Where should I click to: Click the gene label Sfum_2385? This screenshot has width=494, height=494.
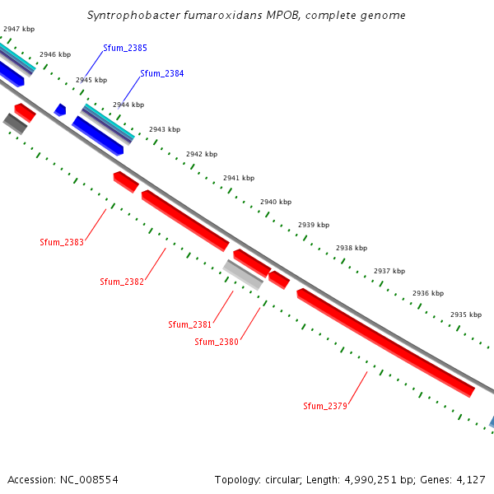[x=125, y=49]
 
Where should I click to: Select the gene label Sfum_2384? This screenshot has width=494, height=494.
[x=162, y=73]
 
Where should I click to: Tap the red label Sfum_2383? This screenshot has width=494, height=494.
[x=62, y=242]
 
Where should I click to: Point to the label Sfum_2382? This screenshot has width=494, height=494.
[x=122, y=282]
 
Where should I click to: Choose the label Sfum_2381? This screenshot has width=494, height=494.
[x=190, y=324]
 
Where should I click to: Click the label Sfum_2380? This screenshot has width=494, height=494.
[x=217, y=342]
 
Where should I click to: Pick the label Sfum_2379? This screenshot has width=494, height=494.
[x=325, y=406]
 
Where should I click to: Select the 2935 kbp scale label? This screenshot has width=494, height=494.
[x=465, y=315]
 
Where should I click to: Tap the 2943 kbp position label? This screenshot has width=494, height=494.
[x=165, y=129]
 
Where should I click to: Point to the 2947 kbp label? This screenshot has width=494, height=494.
[x=18, y=29]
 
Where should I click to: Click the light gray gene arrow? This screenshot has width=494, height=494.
[x=243, y=274]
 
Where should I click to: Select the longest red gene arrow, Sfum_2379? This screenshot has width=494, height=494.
[x=385, y=342]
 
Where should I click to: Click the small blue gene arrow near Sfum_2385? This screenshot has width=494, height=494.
[x=60, y=110]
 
